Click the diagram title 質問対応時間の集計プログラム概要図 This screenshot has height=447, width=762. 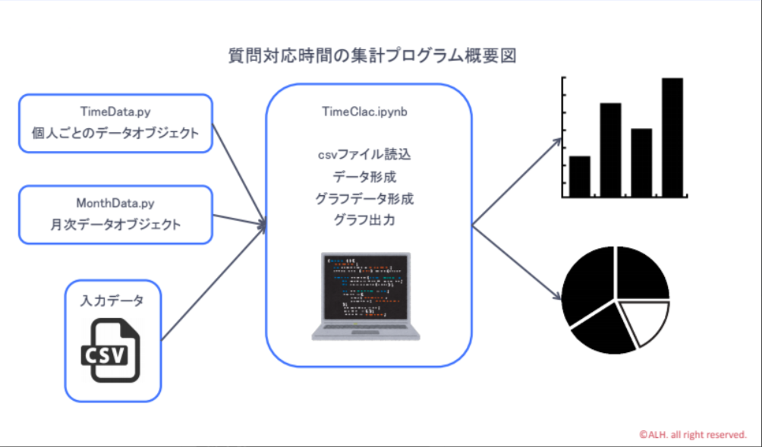pyautogui.click(x=372, y=56)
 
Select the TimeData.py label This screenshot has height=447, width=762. pyautogui.click(x=115, y=112)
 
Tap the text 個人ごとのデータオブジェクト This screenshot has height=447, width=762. pyautogui.click(x=115, y=133)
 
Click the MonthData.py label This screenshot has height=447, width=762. pyautogui.click(x=115, y=203)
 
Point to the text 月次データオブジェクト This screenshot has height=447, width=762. pyautogui.click(x=115, y=225)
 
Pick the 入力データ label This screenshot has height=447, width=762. pyautogui.click(x=112, y=301)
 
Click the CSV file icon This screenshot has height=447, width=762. pyautogui.click(x=111, y=350)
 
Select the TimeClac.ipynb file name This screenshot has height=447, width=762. pyautogui.click(x=365, y=112)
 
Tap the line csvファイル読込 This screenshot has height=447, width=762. pyautogui.click(x=365, y=155)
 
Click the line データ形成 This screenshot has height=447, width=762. pyautogui.click(x=365, y=177)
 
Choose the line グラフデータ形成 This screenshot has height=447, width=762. pyautogui.click(x=365, y=199)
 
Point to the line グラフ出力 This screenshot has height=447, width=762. pyautogui.click(x=365, y=220)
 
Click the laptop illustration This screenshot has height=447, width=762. pyautogui.click(x=366, y=296)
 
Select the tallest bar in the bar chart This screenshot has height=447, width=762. pyautogui.click(x=672, y=137)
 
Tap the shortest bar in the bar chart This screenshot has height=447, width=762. pyautogui.click(x=580, y=176)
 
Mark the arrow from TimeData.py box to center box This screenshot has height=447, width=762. pyautogui.click(x=240, y=175)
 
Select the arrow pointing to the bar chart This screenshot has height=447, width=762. pyautogui.click(x=517, y=181)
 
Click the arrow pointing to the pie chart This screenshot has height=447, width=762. pyautogui.click(x=517, y=263)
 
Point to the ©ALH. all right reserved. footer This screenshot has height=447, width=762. pyautogui.click(x=693, y=434)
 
